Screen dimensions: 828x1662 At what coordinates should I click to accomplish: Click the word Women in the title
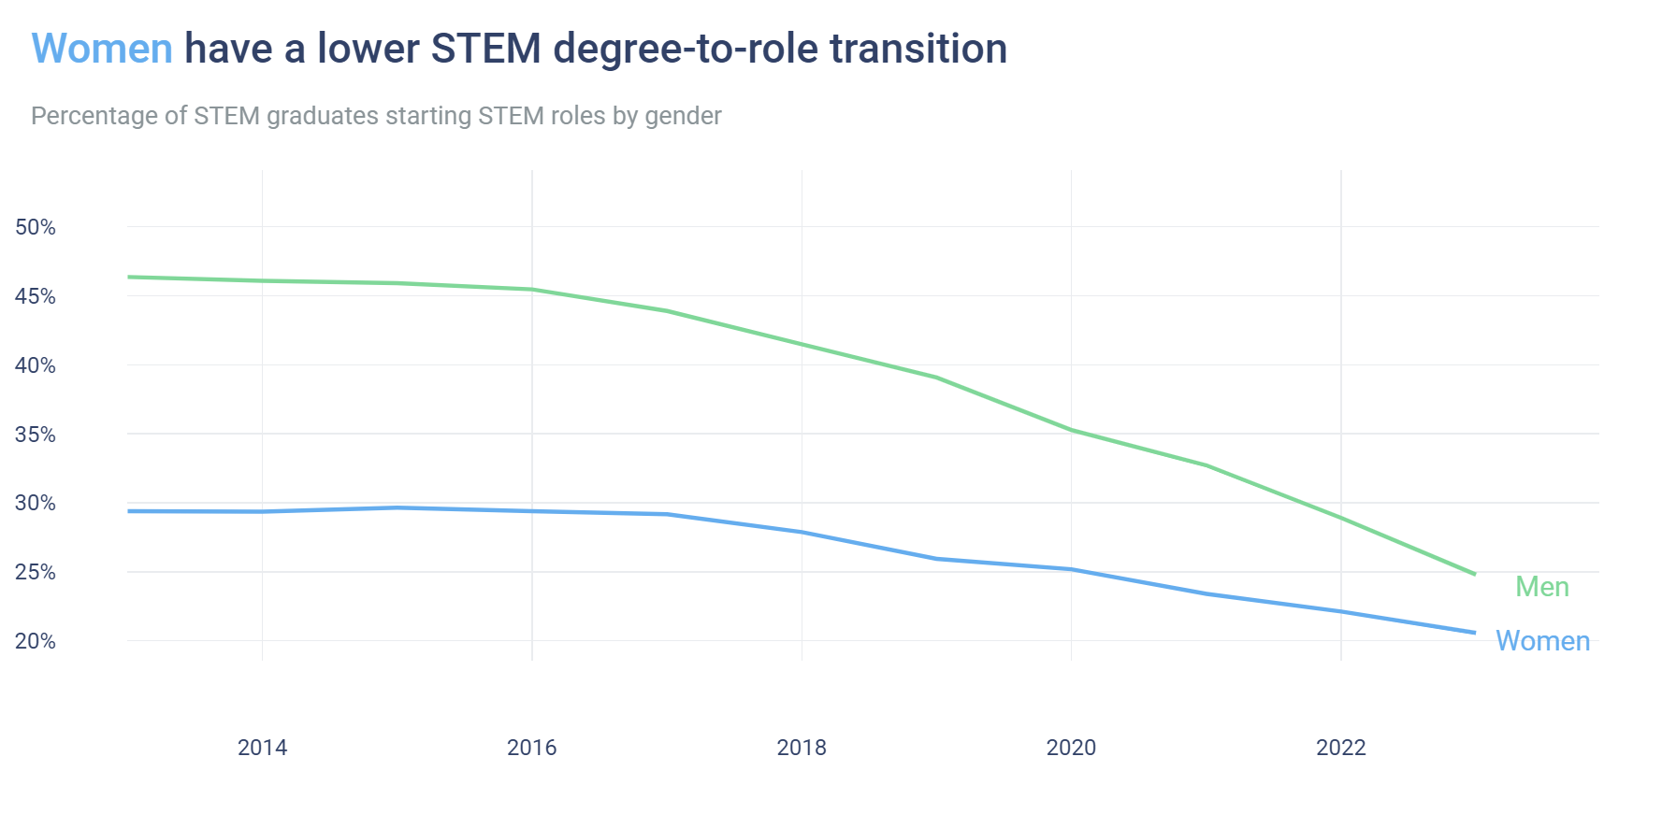[102, 49]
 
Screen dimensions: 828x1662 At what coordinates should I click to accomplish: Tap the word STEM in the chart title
[485, 49]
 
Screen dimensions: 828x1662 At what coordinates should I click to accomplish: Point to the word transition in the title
[918, 49]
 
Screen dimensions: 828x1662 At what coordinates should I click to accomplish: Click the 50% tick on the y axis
[36, 227]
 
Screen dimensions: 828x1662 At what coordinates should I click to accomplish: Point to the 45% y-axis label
[36, 296]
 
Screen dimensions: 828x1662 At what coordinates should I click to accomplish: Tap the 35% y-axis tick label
[36, 435]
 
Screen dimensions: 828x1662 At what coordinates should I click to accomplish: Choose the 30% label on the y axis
[36, 503]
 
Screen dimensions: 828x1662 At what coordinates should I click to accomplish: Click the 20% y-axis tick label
[36, 641]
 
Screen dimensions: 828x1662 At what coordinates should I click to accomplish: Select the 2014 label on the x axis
[262, 748]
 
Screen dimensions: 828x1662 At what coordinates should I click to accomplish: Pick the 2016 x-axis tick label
[531, 748]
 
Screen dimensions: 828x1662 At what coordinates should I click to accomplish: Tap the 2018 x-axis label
[802, 748]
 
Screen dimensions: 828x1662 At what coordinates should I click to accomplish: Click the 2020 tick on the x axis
[1071, 748]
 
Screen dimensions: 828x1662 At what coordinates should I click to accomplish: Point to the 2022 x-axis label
[1340, 748]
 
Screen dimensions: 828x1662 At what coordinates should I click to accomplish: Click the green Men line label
[1541, 587]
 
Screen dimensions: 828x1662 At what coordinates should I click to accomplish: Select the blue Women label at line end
[1542, 641]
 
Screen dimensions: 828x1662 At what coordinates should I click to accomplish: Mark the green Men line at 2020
[1071, 430]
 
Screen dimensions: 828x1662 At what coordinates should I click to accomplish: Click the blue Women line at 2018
[802, 532]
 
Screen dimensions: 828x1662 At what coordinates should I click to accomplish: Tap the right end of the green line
[1474, 574]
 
